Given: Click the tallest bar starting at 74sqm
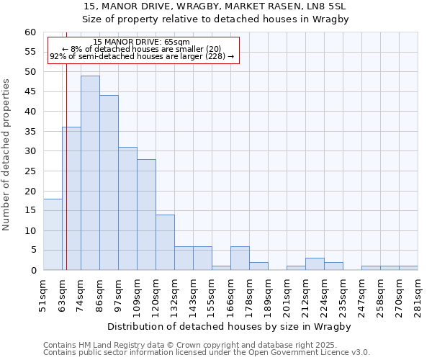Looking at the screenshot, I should (90, 173).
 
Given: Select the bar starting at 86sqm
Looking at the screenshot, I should (109, 183).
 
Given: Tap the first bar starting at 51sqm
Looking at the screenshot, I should (53, 235).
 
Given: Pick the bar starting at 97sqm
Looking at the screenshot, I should (127, 209).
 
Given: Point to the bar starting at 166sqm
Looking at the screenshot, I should (240, 258).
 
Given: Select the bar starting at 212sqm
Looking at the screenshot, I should (315, 264).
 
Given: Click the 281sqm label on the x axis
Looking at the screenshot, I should (418, 294).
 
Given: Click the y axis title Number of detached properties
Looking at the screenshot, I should (7, 155).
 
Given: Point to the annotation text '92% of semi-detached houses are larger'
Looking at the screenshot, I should (142, 56).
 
